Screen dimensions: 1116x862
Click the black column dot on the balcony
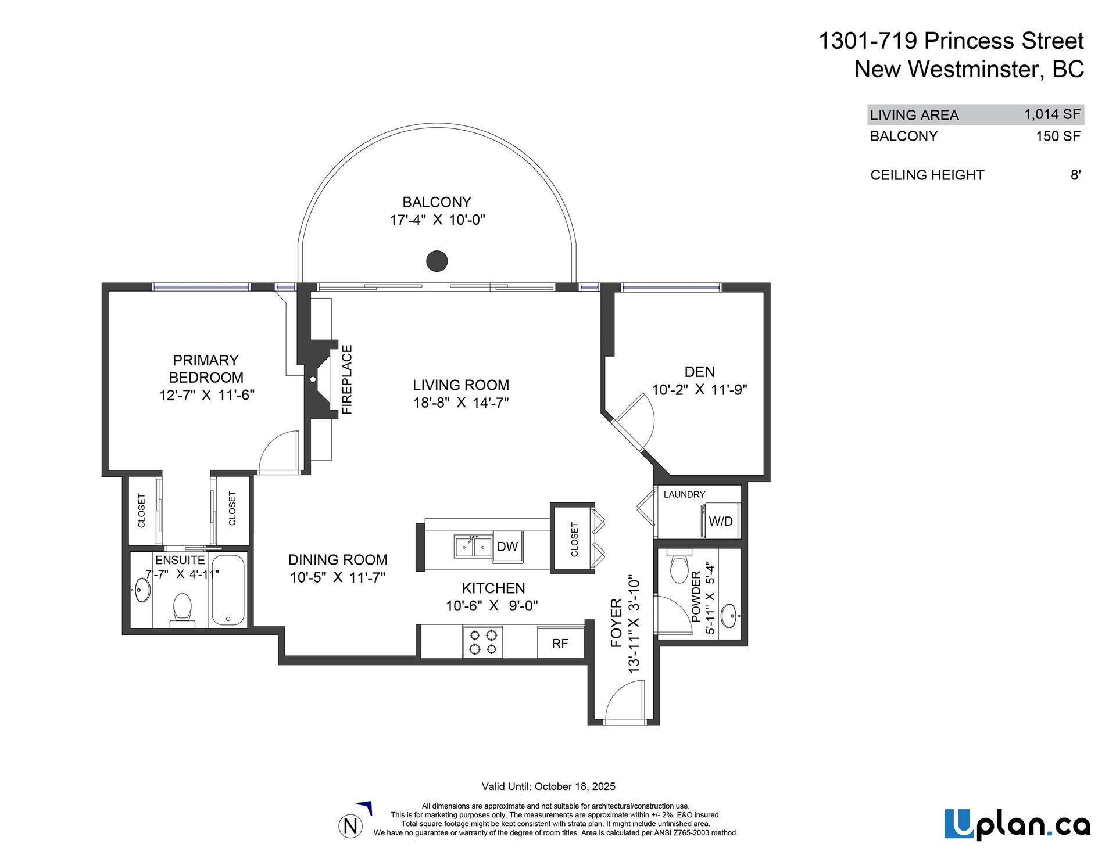tap(437, 261)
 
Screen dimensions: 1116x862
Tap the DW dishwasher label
tap(507, 547)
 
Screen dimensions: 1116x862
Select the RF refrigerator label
tap(560, 644)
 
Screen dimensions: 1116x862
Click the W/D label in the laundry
tap(721, 521)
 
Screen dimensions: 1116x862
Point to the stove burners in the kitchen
tap(483, 642)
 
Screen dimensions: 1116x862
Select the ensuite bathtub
tap(228, 590)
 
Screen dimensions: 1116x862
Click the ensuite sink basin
tap(141, 591)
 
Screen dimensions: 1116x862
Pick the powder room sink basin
tap(729, 615)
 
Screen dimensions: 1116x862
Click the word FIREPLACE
tap(347, 379)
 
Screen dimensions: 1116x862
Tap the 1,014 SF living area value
tap(1052, 114)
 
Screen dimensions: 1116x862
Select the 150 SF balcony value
tap(1058, 137)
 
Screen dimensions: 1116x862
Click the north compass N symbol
tap(350, 825)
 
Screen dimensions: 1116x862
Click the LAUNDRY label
tap(685, 494)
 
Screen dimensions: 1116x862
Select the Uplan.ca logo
tap(1017, 824)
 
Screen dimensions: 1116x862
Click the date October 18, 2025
tap(575, 786)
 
